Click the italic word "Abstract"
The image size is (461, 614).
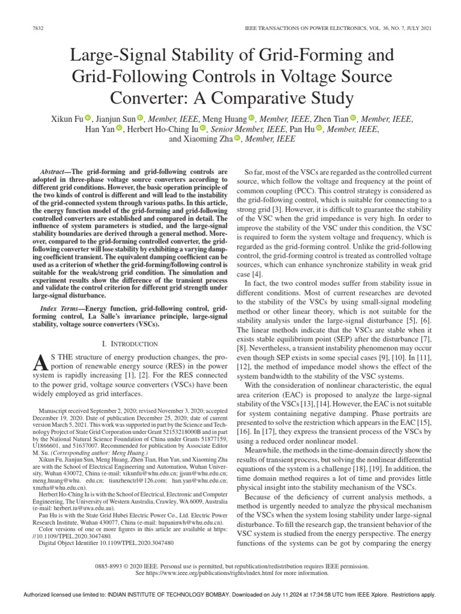52,171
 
